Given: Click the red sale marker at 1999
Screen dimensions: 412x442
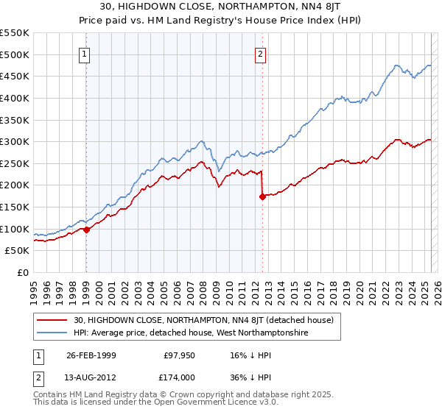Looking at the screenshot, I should point(86,230).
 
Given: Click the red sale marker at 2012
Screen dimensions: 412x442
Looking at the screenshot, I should point(262,196).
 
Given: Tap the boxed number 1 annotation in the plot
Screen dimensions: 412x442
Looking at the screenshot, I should point(85,54).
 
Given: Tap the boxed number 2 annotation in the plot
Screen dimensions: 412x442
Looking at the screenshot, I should point(261,54).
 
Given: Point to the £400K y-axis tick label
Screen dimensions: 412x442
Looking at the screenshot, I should point(15,98).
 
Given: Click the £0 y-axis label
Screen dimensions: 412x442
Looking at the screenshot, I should point(22,273).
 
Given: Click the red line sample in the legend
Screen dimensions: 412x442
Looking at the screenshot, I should point(52,320).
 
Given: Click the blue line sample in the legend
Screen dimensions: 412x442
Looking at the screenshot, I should point(52,333).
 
